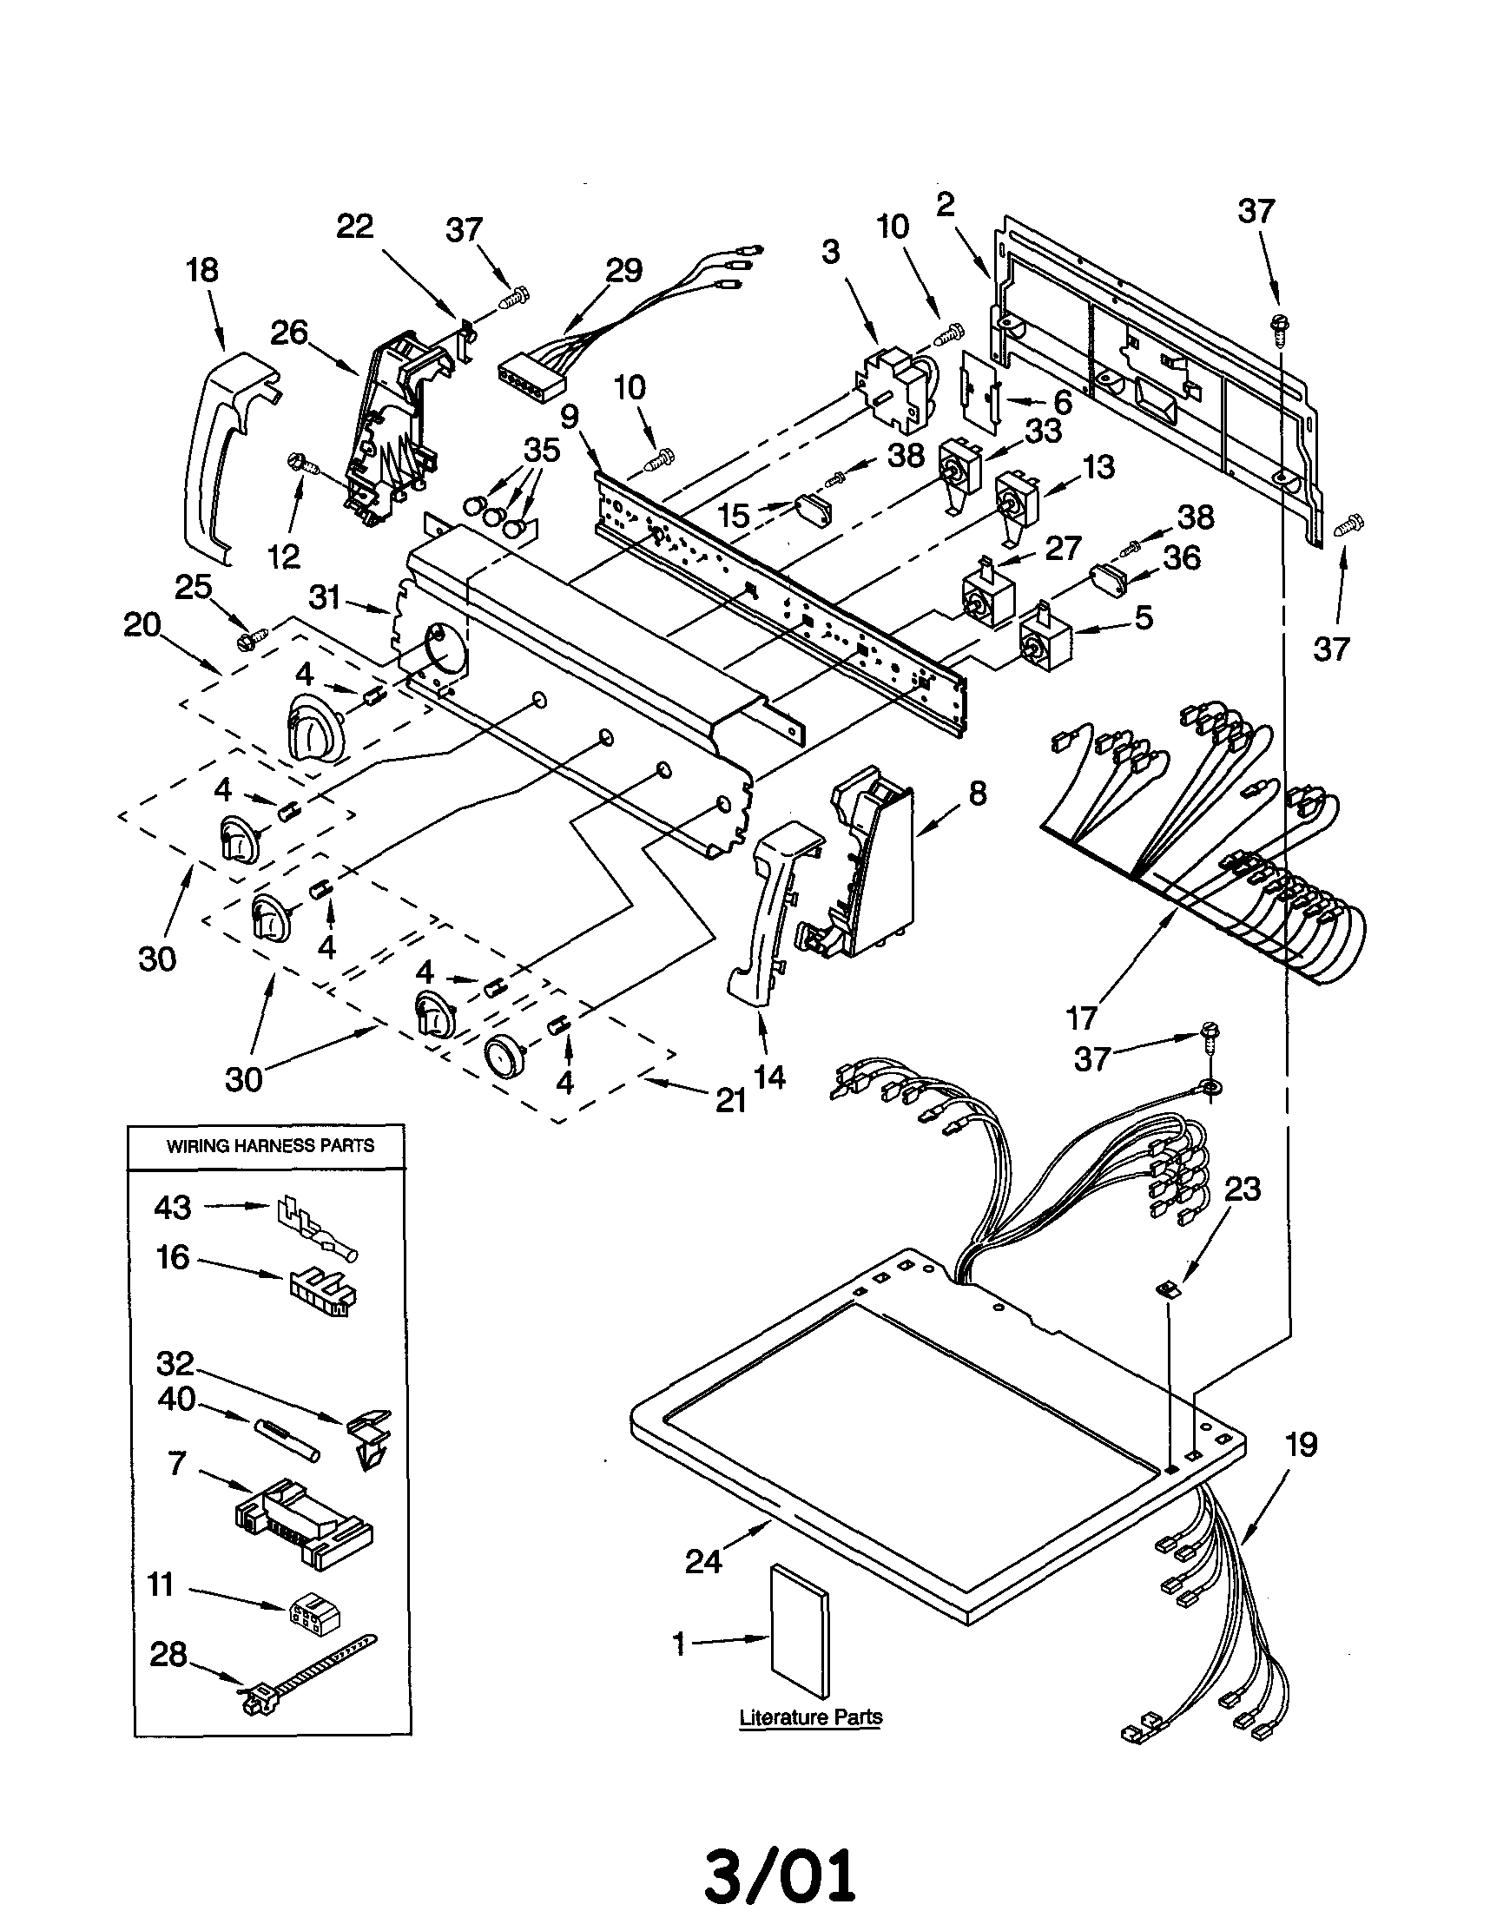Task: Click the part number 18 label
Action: pos(202,270)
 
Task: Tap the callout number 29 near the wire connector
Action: pos(623,270)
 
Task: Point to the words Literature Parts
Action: pos(811,1717)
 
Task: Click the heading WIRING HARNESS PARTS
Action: pos(271,1146)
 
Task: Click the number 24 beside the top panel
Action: pos(703,1562)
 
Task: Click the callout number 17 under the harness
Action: pos(1081,1018)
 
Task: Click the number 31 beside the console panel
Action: pos(325,598)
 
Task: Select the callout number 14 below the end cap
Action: pos(769,1076)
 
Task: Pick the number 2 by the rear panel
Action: pos(945,205)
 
